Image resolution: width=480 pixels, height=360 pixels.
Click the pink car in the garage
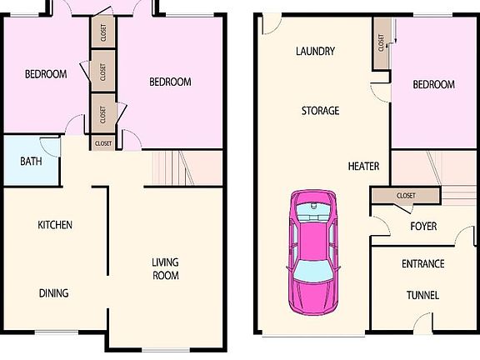click(x=312, y=252)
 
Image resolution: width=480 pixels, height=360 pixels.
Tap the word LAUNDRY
click(x=315, y=51)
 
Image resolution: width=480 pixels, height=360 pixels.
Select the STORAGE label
click(x=320, y=111)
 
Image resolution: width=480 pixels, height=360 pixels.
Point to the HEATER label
click(x=363, y=166)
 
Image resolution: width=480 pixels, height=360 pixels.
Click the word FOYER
click(x=423, y=226)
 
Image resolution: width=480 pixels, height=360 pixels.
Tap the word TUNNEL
click(x=422, y=295)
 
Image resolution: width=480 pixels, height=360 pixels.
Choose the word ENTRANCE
click(x=423, y=263)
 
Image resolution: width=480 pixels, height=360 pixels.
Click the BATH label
click(x=31, y=162)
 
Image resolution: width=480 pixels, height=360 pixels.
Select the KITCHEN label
click(x=55, y=225)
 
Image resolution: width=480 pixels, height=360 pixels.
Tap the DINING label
click(x=54, y=293)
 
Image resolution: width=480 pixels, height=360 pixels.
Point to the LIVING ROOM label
click(x=166, y=269)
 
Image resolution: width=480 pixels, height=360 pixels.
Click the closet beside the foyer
click(x=406, y=195)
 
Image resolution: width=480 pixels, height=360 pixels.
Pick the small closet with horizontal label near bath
click(x=103, y=143)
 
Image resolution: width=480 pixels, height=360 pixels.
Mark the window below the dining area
click(x=57, y=332)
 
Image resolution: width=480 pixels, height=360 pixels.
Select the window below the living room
click(x=165, y=349)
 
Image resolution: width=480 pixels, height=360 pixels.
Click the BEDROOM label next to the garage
click(x=434, y=84)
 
